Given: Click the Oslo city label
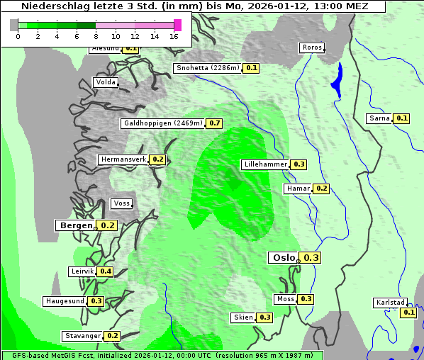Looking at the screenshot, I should pos(283,258).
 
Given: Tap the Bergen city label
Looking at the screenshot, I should pos(74,225).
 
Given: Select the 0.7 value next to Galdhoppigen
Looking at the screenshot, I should pos(215,123).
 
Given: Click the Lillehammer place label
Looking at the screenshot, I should pos(264,164).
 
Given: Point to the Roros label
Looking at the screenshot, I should pos(312,48).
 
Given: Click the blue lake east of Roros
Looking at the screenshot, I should pos(337,79).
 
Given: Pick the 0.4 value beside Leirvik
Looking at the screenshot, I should pos(106,271).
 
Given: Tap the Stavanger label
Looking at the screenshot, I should pos(82,336).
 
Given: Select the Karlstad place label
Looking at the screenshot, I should pos(391,303).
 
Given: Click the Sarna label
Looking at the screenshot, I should pos(379,118).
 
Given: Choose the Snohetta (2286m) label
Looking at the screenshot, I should pos(208,68).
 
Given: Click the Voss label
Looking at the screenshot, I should pos(122,203).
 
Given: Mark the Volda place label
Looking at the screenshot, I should pos(105,82).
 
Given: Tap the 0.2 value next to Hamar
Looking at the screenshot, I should pos(321,189).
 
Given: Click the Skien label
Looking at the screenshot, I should pos(243,317).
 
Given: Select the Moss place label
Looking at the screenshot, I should pos(286,299).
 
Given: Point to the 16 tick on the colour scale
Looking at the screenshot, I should pos(174,36).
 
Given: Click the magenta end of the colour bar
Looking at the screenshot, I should pos(177,26).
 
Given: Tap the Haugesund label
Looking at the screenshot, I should pos(65,301).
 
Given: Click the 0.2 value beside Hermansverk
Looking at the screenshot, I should pos(157,159).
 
